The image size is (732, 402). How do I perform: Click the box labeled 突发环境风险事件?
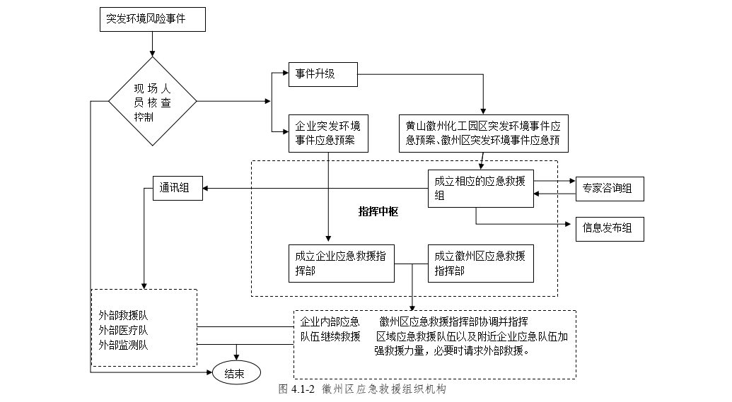(153, 20)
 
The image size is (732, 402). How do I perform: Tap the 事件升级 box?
(323, 74)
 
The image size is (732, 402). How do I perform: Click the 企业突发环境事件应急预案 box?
(329, 133)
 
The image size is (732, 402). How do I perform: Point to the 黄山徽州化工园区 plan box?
(483, 133)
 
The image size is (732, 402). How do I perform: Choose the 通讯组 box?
(178, 188)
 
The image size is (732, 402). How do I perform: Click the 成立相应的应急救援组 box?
(480, 189)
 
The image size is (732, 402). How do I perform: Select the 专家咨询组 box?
(609, 189)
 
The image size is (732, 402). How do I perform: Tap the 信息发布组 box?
(609, 228)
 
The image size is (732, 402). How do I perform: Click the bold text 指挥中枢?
(378, 211)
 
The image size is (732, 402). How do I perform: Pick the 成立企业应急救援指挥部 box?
(341, 263)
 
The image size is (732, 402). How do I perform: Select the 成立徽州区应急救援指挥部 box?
(480, 263)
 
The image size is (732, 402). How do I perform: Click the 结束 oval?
(236, 374)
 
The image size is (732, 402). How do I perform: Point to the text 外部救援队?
(123, 315)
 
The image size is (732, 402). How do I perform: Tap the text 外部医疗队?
(123, 330)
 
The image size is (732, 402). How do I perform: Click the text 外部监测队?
(123, 345)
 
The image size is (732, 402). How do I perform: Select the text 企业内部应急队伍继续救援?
(330, 329)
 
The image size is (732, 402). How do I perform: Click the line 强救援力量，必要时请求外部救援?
(453, 351)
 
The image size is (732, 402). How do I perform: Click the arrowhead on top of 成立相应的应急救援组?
(480, 167)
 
